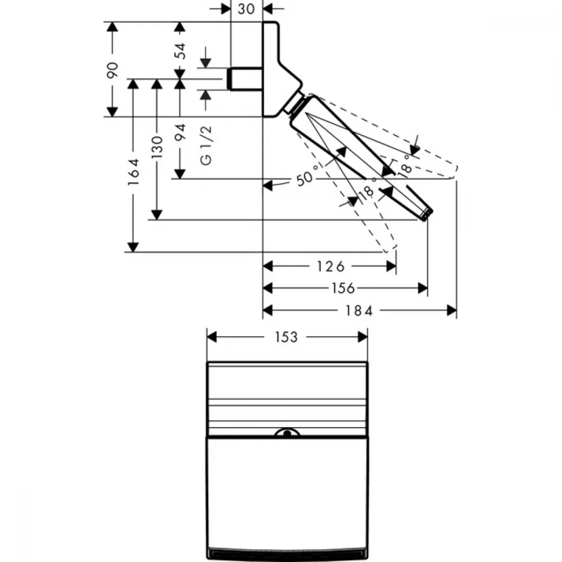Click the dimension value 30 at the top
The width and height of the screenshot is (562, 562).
246,8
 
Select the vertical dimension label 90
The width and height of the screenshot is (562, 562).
112,70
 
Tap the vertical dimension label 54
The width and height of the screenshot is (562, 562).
180,51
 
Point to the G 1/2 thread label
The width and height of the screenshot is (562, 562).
206,146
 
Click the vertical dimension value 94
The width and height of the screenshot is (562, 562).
180,132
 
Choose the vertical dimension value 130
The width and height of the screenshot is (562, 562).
157,147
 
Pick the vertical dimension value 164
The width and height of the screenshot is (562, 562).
133,172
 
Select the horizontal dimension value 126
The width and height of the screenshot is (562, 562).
330,266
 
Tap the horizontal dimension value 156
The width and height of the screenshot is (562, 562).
343,288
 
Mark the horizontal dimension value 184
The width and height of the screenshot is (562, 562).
359,310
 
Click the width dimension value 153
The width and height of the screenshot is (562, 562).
286,337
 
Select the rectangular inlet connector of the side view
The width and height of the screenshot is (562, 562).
245,79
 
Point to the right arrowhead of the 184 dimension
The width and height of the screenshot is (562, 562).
452,310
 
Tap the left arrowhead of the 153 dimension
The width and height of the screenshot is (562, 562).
212,337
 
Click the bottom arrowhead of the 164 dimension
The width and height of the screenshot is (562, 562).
133,247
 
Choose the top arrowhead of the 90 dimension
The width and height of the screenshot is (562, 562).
112,27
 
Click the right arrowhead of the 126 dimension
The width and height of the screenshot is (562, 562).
391,266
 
